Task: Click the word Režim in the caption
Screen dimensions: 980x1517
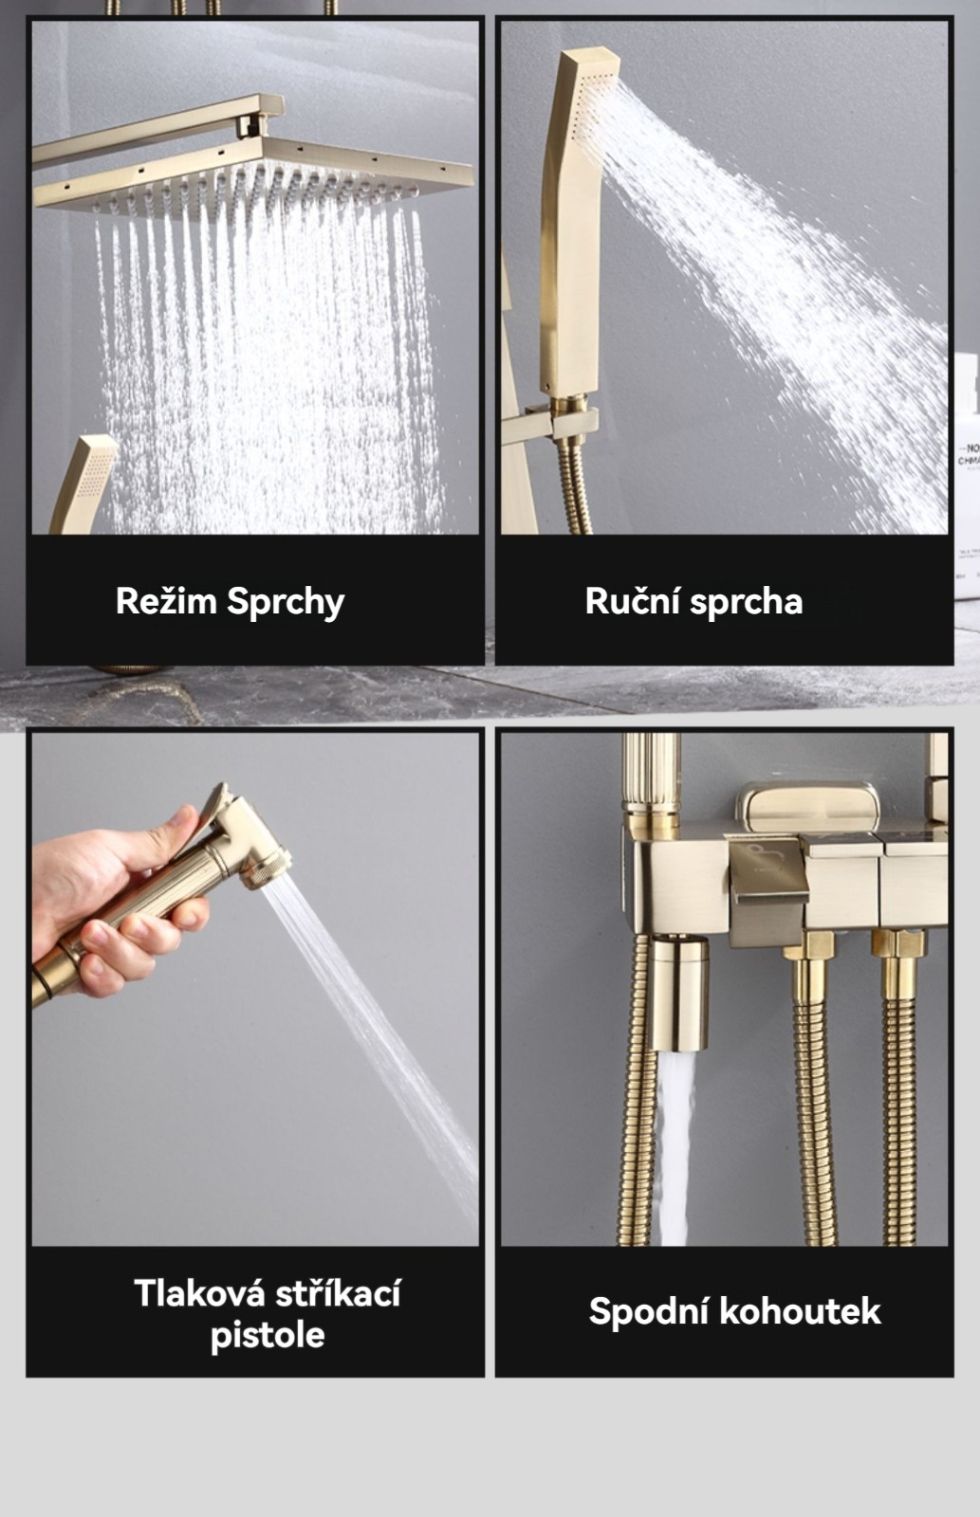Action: [x=166, y=601]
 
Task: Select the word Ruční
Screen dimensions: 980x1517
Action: [x=633, y=601]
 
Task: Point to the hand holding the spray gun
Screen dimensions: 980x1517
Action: [x=115, y=901]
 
